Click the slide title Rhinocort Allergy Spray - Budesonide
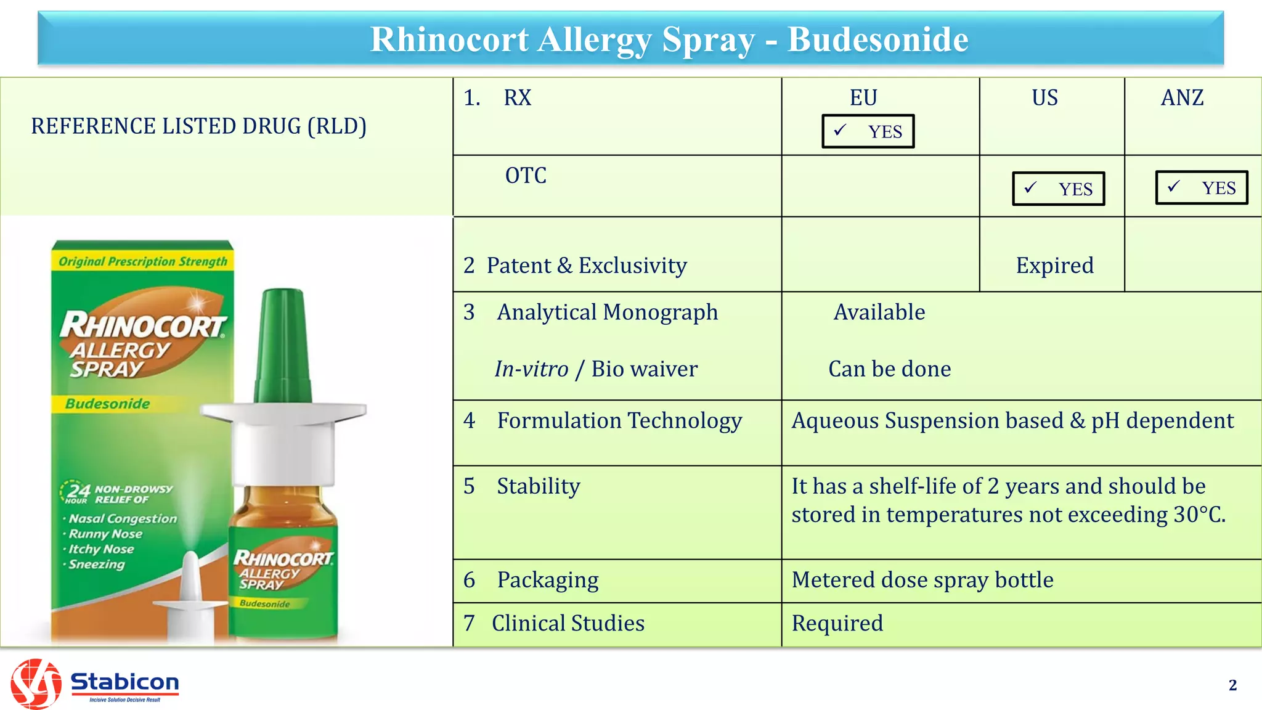(x=669, y=39)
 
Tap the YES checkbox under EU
(x=868, y=131)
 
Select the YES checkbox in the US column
(x=1058, y=189)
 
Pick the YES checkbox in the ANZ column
(x=1201, y=187)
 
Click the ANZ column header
(x=1182, y=98)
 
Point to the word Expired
(x=1054, y=266)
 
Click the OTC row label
(x=526, y=176)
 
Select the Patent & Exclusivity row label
(x=586, y=266)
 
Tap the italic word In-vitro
(x=531, y=369)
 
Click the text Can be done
(x=889, y=369)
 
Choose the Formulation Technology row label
(x=619, y=421)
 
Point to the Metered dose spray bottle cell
(x=922, y=580)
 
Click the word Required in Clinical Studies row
(x=837, y=623)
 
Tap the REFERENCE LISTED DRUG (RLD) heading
(x=198, y=126)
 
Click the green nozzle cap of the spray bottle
(x=283, y=345)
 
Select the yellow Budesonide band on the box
(x=108, y=404)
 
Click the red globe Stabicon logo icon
(x=36, y=683)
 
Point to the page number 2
(x=1232, y=685)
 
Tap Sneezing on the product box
(x=96, y=565)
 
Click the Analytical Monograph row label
(x=607, y=312)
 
